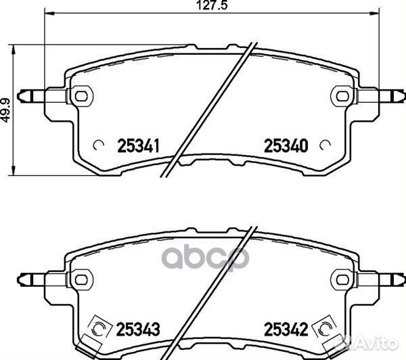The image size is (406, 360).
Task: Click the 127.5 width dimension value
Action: (212, 5)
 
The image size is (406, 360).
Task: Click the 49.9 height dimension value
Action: (5, 110)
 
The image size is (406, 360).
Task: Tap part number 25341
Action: (138, 145)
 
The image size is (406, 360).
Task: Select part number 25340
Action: (286, 145)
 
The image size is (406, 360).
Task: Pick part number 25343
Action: (138, 329)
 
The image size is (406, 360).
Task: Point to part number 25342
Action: (286, 329)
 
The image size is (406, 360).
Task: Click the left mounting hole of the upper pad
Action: (81, 96)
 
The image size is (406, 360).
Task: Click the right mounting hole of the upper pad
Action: (342, 96)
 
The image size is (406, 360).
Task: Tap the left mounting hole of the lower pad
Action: (81, 279)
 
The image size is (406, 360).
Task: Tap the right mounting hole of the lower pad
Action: (342, 279)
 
